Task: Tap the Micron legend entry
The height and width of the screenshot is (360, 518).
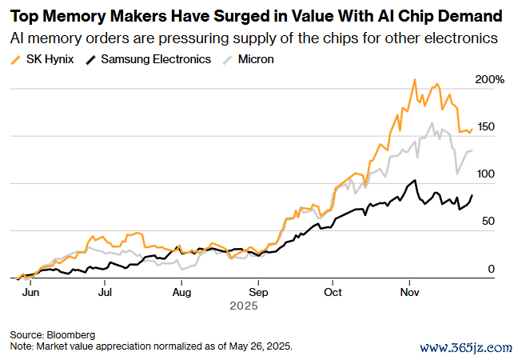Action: (x=255, y=59)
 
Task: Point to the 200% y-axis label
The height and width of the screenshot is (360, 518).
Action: (x=490, y=80)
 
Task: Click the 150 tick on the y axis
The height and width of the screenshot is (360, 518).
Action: (x=486, y=127)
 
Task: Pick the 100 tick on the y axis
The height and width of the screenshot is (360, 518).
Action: (x=486, y=174)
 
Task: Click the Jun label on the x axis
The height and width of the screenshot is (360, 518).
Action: (x=30, y=292)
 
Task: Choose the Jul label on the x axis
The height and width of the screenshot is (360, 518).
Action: (x=105, y=292)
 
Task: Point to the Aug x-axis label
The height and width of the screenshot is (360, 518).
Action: (x=182, y=292)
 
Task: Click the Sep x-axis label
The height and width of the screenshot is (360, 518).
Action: (x=258, y=292)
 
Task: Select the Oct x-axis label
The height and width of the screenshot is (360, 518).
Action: (x=333, y=292)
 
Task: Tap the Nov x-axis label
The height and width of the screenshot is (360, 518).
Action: (x=409, y=292)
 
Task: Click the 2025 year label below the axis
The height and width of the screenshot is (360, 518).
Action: (x=242, y=305)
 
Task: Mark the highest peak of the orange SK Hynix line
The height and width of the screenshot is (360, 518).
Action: (x=414, y=79)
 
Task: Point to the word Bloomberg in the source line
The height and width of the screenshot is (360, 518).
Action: (x=70, y=334)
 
